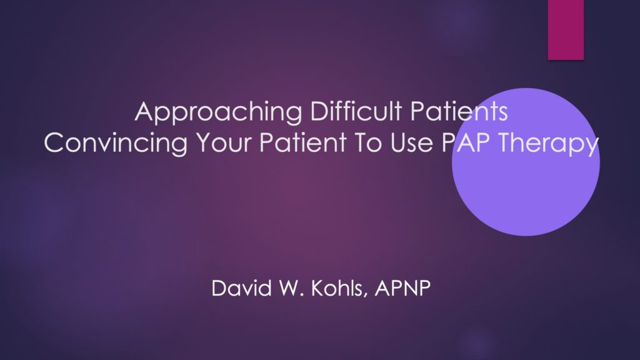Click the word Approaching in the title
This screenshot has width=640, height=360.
[x=218, y=112]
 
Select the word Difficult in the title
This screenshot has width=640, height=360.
[x=356, y=111]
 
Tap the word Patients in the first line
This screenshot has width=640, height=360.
[x=459, y=111]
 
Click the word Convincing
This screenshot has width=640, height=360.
[x=116, y=144]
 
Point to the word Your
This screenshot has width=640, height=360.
[x=223, y=142]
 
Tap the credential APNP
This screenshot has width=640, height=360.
[x=402, y=288]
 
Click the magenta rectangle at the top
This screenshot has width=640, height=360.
[x=566, y=30]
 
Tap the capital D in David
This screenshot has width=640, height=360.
[x=219, y=288]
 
